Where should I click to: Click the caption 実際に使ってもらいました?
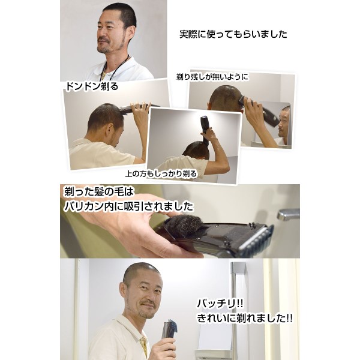233,34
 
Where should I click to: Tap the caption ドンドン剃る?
92,86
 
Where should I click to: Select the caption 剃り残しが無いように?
212,77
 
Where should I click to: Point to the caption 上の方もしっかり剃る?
161,174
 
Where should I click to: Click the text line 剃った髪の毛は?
99,192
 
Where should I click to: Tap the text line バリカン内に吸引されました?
128,206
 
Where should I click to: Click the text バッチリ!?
220,304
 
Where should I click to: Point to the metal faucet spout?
288,214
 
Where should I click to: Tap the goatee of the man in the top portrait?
104,48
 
